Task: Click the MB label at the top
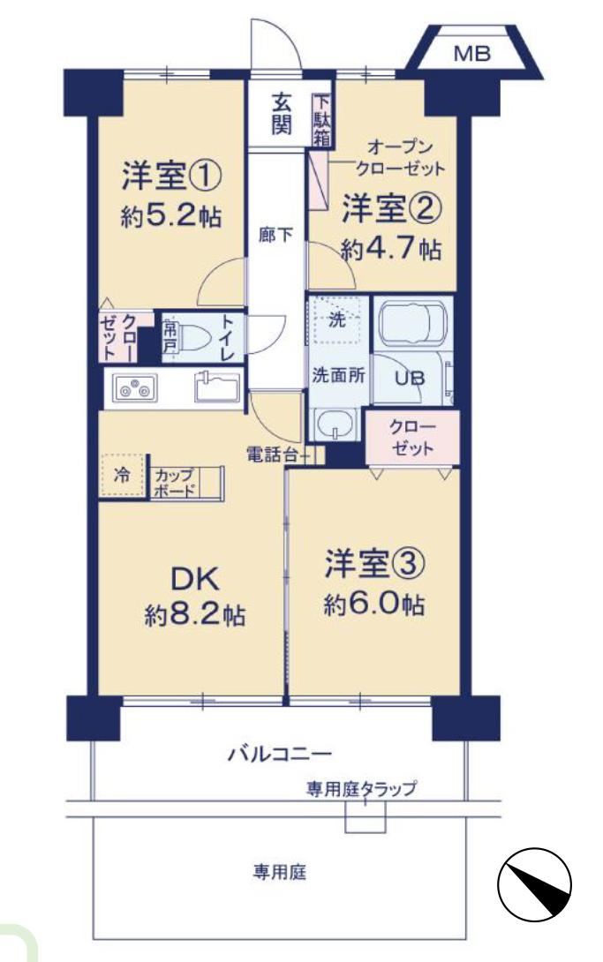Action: coord(471,54)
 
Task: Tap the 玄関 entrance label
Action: coord(282,114)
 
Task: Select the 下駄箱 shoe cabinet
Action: coord(322,120)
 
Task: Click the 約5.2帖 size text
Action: coord(171,216)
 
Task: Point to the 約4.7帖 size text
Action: coord(391,249)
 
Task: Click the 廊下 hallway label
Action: coord(275,234)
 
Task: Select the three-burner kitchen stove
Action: coord(135,387)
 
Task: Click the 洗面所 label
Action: coord(338,375)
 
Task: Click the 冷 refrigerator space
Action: coord(122,476)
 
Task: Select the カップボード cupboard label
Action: coord(175,482)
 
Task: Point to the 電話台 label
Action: coord(272,455)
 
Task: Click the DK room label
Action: coord(194,579)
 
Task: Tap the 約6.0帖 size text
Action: coord(373,605)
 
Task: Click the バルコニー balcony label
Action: coord(280,754)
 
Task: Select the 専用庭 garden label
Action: coord(281,871)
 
